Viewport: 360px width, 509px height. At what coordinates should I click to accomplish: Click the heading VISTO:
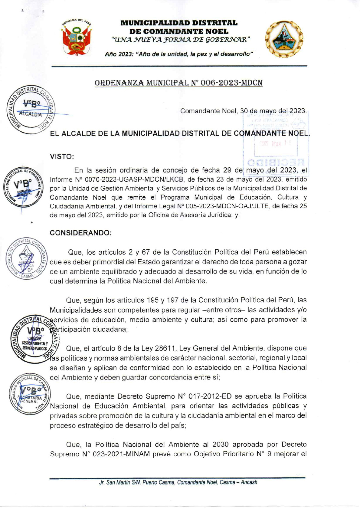click(x=62, y=156)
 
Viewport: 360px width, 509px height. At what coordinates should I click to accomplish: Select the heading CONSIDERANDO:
click(x=81, y=233)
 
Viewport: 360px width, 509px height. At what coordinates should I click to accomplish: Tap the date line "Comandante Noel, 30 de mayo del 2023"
click(x=243, y=111)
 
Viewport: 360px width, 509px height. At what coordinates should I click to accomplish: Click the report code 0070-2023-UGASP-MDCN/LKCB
click(x=130, y=179)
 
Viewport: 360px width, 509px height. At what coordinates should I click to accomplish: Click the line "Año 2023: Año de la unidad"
click(x=178, y=54)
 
